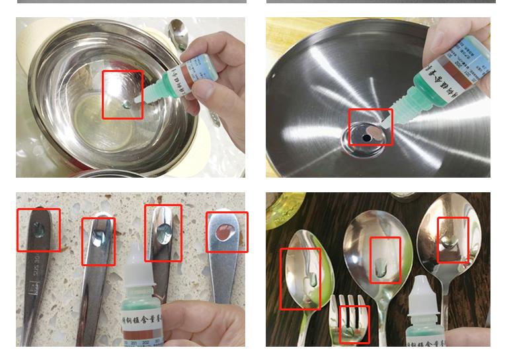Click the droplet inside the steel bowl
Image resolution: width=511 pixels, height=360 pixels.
click(x=126, y=104)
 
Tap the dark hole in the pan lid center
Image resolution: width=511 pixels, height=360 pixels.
click(x=367, y=137)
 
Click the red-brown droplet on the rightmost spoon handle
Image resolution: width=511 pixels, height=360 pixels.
click(x=225, y=233)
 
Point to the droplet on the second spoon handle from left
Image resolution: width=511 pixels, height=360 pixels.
click(x=98, y=239)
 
